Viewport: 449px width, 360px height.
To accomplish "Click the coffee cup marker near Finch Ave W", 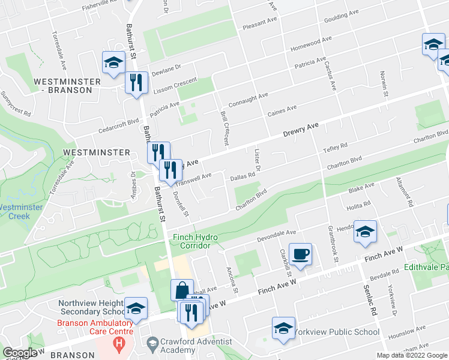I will (300, 254).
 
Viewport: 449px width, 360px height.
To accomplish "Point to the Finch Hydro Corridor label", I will (192, 241).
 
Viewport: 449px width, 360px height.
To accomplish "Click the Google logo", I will (20, 352).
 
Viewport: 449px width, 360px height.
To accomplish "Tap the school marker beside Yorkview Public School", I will (283, 328).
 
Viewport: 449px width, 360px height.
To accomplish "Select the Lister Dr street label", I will (257, 160).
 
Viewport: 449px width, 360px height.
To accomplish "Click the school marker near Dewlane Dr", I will (113, 63).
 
